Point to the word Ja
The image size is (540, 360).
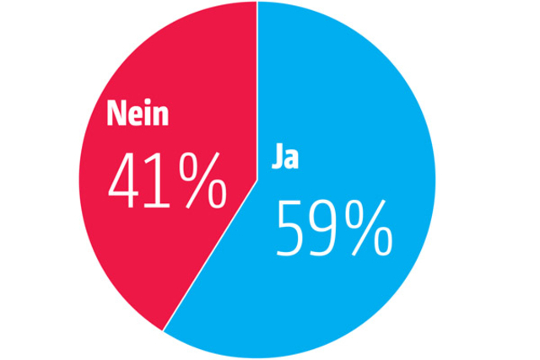[284, 158]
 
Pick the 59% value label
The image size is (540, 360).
[335, 228]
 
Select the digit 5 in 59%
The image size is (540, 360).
[292, 228]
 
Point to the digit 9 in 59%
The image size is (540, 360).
[327, 228]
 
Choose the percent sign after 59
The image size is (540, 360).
[370, 228]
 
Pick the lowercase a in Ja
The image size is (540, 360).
[290, 159]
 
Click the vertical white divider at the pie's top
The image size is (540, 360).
[256, 84]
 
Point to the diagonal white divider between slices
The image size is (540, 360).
[211, 253]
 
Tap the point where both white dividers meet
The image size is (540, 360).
[256, 179]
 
